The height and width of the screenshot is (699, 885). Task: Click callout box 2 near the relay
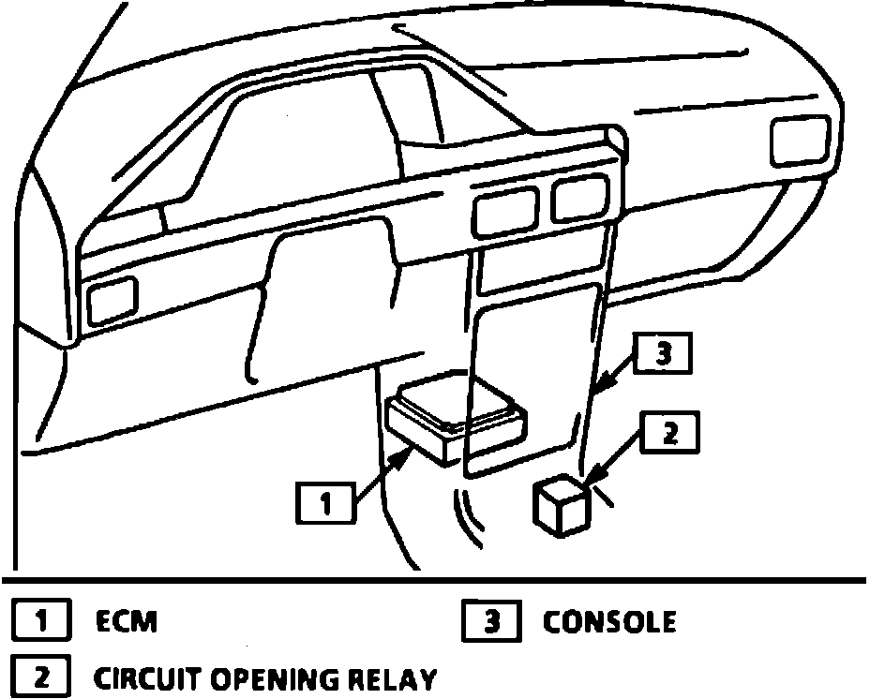tap(669, 433)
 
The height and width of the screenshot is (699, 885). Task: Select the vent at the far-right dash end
tap(799, 140)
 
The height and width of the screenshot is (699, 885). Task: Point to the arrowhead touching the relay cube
tap(591, 485)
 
